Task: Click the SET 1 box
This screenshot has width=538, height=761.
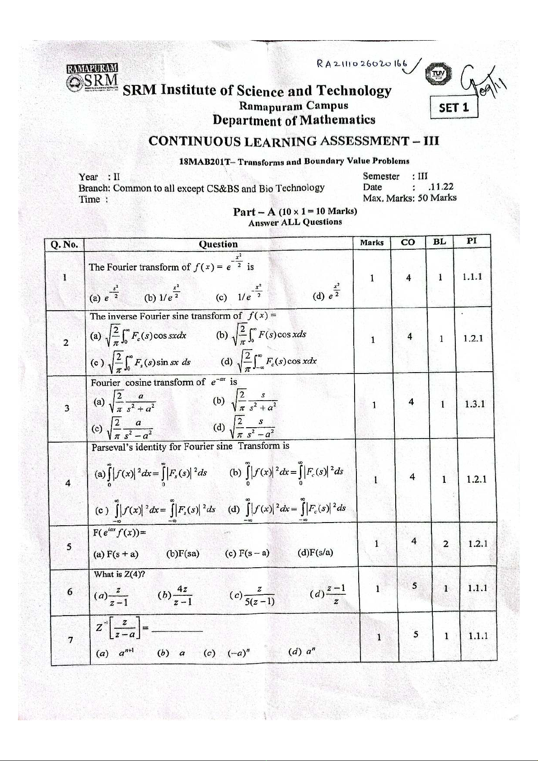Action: [454, 107]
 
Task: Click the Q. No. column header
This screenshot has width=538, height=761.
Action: [64, 245]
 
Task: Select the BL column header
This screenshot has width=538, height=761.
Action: [439, 242]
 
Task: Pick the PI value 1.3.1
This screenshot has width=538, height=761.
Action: [474, 404]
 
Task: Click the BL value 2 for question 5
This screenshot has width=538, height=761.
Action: [445, 544]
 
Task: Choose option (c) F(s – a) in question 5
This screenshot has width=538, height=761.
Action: [247, 553]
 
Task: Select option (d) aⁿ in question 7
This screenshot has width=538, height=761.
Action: [302, 652]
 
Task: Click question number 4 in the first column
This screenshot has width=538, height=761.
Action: [68, 483]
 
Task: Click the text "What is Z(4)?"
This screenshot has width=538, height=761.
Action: [119, 574]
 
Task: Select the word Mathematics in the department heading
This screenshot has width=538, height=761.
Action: [337, 120]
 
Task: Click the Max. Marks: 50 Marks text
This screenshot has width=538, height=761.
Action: [409, 198]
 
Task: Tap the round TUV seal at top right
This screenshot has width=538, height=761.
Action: [438, 74]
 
